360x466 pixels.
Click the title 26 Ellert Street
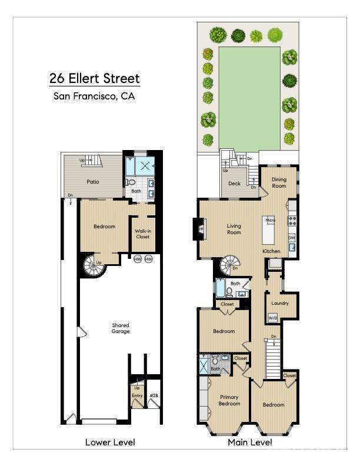click(x=95, y=78)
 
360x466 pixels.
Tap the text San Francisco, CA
click(x=95, y=96)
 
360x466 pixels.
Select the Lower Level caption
click(x=110, y=442)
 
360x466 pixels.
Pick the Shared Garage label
click(x=121, y=328)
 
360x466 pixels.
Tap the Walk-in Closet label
click(x=142, y=234)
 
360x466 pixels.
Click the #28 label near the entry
click(x=154, y=395)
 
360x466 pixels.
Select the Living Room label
click(x=234, y=228)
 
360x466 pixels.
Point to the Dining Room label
click(x=279, y=182)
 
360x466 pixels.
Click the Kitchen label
click(x=271, y=251)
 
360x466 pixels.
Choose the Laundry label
click(x=280, y=303)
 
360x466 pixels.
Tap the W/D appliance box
click(x=273, y=318)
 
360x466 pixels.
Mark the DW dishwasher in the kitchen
click(x=292, y=238)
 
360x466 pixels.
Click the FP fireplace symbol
click(x=201, y=229)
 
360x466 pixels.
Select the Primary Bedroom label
click(x=229, y=400)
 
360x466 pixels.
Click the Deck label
click(x=235, y=184)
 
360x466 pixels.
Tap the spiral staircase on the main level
click(x=228, y=266)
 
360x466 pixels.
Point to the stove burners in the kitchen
click(x=292, y=221)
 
